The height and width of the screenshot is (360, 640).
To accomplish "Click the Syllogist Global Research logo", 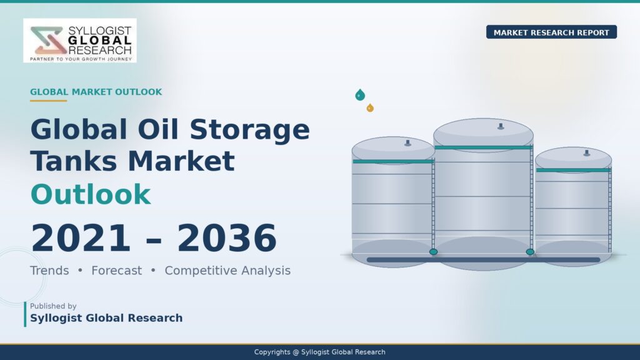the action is (80, 41).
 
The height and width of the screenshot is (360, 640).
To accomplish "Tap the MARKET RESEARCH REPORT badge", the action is (551, 32).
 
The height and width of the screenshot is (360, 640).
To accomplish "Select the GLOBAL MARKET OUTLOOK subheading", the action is (96, 92).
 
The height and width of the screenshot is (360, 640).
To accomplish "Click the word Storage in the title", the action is (249, 130).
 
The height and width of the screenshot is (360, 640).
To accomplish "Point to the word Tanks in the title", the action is (74, 161).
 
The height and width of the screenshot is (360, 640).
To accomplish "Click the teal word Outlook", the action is (91, 194).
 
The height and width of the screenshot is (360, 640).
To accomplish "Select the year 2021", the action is (81, 238).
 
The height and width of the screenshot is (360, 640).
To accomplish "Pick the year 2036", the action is (227, 238).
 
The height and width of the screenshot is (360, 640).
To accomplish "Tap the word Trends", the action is (49, 271).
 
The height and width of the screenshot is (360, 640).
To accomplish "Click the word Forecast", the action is (117, 271).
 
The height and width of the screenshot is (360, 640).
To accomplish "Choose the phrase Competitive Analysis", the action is (227, 271).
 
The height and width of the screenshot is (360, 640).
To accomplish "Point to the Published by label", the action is (53, 306).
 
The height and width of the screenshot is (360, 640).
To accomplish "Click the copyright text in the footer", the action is (319, 352).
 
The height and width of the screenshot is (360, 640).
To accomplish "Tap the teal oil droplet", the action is (360, 95).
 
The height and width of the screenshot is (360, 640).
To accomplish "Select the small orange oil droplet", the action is (370, 107).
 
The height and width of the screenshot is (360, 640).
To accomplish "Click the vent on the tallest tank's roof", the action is (501, 126).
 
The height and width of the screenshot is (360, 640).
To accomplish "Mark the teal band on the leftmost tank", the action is (393, 162).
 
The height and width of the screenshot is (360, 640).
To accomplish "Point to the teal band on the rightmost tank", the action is (573, 170).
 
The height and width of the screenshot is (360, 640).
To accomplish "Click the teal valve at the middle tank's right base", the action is (530, 252).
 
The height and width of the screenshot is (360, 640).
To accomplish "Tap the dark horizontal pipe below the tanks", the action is (483, 259).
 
